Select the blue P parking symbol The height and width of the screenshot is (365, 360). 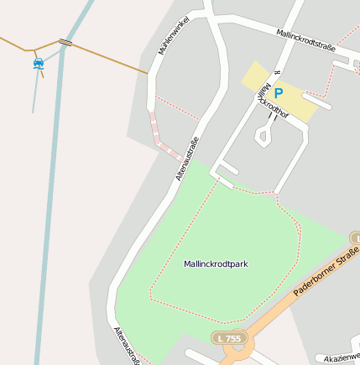coord(279,93)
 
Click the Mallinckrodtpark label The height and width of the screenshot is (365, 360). coord(216,264)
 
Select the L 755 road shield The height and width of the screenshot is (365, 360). coord(228,337)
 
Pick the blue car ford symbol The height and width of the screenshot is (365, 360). coord(38,63)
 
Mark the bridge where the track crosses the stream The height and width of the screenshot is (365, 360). coord(65,41)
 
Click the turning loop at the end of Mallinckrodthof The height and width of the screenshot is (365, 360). coord(263,135)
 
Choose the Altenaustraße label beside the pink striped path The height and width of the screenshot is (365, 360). coord(186,158)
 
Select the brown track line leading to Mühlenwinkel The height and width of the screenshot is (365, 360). coord(109,58)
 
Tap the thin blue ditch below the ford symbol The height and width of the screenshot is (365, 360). coord(35,92)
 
